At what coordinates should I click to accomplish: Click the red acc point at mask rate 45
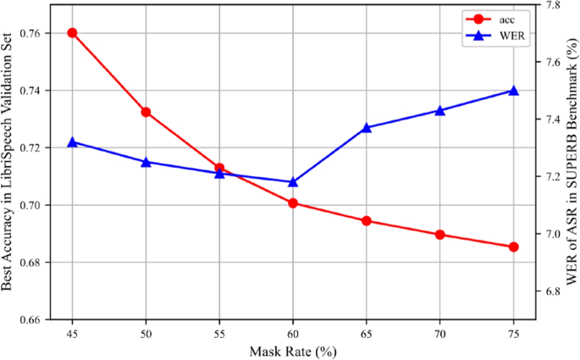click(72, 33)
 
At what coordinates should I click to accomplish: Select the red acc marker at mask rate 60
click(293, 203)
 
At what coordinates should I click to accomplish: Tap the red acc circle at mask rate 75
click(513, 246)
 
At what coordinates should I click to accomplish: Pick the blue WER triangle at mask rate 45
click(72, 142)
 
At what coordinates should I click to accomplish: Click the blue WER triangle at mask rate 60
click(293, 181)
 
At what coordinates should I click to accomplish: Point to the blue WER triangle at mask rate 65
click(367, 127)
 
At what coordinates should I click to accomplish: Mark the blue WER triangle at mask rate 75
click(513, 90)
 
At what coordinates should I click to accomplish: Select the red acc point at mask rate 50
click(146, 112)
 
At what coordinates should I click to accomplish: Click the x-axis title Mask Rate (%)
click(293, 350)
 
